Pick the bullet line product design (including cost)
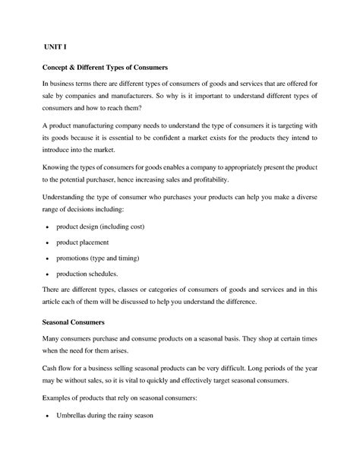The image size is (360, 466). point(106,227)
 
